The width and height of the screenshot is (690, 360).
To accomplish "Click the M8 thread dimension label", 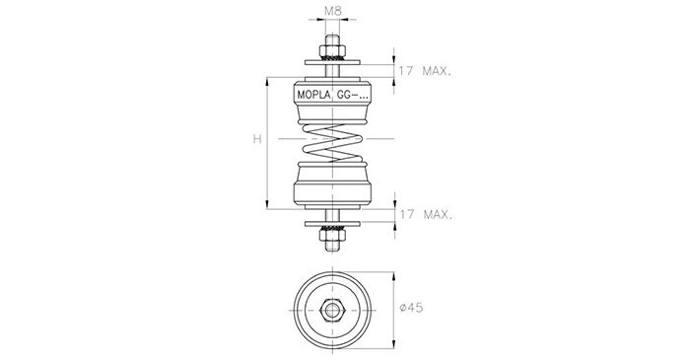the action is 333,11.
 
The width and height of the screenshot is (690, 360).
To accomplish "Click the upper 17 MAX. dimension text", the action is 425,71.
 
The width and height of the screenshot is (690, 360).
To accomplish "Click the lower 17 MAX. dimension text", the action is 426,215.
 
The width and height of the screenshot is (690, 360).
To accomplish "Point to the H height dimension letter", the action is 257,139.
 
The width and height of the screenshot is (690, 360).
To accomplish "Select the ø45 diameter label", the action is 411,307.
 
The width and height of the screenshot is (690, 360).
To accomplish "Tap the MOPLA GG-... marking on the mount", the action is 333,95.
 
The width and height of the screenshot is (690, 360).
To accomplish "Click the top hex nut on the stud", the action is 332,50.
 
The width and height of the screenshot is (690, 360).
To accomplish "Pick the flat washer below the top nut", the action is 333,62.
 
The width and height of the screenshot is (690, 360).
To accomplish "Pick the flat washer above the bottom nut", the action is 333,224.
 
